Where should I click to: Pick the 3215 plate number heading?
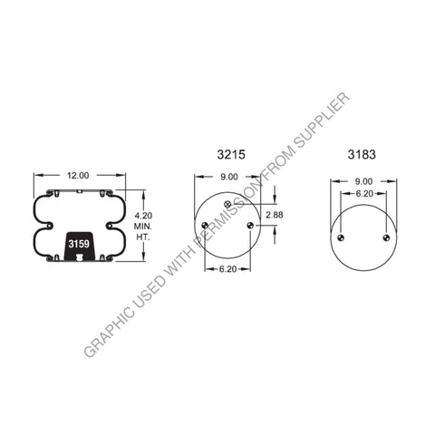click(x=228, y=155)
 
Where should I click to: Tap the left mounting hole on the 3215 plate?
click(x=205, y=226)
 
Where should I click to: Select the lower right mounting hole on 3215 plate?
click(x=247, y=226)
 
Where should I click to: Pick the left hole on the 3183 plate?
click(x=341, y=238)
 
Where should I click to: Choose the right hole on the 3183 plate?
click(x=385, y=238)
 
